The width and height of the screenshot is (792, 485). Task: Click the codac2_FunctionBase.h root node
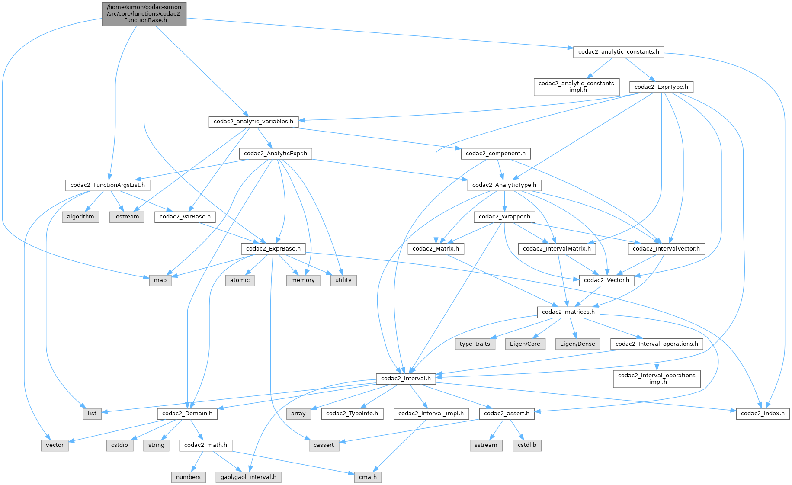tap(144, 14)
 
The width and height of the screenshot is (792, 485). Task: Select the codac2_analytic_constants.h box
tap(619, 52)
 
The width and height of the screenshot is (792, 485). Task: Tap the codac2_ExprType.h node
tap(661, 87)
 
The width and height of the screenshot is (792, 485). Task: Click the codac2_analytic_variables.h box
tap(253, 122)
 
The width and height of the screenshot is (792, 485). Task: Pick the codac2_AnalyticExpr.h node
tap(275, 154)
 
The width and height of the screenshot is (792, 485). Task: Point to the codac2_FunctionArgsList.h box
tap(108, 185)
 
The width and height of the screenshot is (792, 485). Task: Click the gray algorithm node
tap(80, 217)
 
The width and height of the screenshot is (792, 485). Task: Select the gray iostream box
tap(127, 217)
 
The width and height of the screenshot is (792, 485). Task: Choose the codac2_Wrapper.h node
tap(504, 217)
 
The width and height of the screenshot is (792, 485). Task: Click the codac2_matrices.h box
tap(568, 312)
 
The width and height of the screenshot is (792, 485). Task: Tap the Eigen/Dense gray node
tap(577, 344)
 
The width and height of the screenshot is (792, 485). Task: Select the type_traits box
tap(475, 344)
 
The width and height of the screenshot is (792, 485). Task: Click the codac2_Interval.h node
tap(405, 379)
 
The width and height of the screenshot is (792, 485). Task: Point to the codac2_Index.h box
tap(763, 414)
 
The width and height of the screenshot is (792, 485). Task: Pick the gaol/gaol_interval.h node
tap(248, 477)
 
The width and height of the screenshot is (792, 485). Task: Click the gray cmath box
tap(368, 477)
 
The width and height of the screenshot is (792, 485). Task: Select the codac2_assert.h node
tap(507, 414)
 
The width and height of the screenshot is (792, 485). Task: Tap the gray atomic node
tap(240, 280)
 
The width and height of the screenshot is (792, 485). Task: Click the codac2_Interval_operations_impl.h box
tap(656, 379)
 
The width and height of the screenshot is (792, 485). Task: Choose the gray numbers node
tap(188, 477)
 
